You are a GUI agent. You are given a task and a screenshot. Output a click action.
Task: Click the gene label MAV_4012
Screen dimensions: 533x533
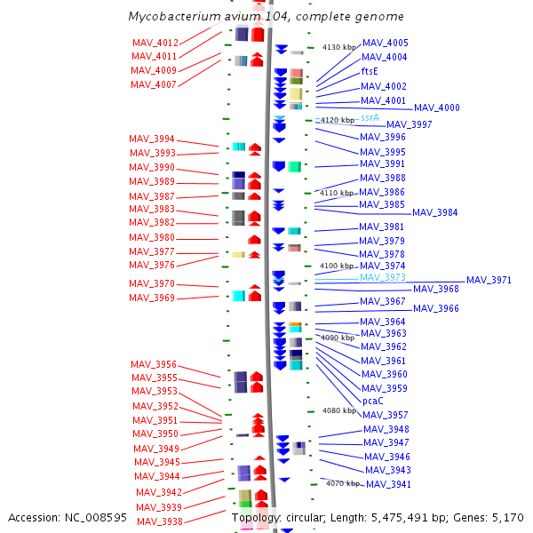155,43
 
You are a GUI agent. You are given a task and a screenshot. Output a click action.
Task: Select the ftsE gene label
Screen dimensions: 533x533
370,71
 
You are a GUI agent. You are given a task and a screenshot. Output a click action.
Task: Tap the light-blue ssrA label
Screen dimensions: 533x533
370,117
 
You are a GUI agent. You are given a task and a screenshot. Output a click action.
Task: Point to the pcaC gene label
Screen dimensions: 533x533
373,402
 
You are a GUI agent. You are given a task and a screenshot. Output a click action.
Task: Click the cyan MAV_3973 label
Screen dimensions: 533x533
383,277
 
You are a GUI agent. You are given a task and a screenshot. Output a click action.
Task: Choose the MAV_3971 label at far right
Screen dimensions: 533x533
489,280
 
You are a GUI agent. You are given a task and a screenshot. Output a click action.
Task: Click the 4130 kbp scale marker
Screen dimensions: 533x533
339,47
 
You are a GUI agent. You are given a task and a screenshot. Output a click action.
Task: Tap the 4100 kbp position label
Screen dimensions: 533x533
337,266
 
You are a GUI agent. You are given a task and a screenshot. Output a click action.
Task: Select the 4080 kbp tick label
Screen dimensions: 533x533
339,410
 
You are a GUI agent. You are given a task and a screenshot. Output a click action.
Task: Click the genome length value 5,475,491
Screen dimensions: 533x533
400,518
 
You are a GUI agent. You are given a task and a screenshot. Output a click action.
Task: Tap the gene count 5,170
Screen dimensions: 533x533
508,518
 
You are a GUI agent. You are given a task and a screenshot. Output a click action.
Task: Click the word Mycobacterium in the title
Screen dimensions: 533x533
175,16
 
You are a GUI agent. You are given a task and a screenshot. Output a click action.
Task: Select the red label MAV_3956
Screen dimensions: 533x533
154,364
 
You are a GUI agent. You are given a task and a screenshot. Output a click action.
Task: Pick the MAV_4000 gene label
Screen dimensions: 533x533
437,107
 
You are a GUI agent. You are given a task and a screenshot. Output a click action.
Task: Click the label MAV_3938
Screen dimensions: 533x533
160,521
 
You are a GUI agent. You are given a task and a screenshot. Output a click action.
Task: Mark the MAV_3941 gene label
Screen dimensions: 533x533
388,484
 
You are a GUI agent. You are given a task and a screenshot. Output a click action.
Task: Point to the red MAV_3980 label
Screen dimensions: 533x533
152,237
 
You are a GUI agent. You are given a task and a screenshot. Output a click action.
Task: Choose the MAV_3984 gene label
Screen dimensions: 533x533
435,213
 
